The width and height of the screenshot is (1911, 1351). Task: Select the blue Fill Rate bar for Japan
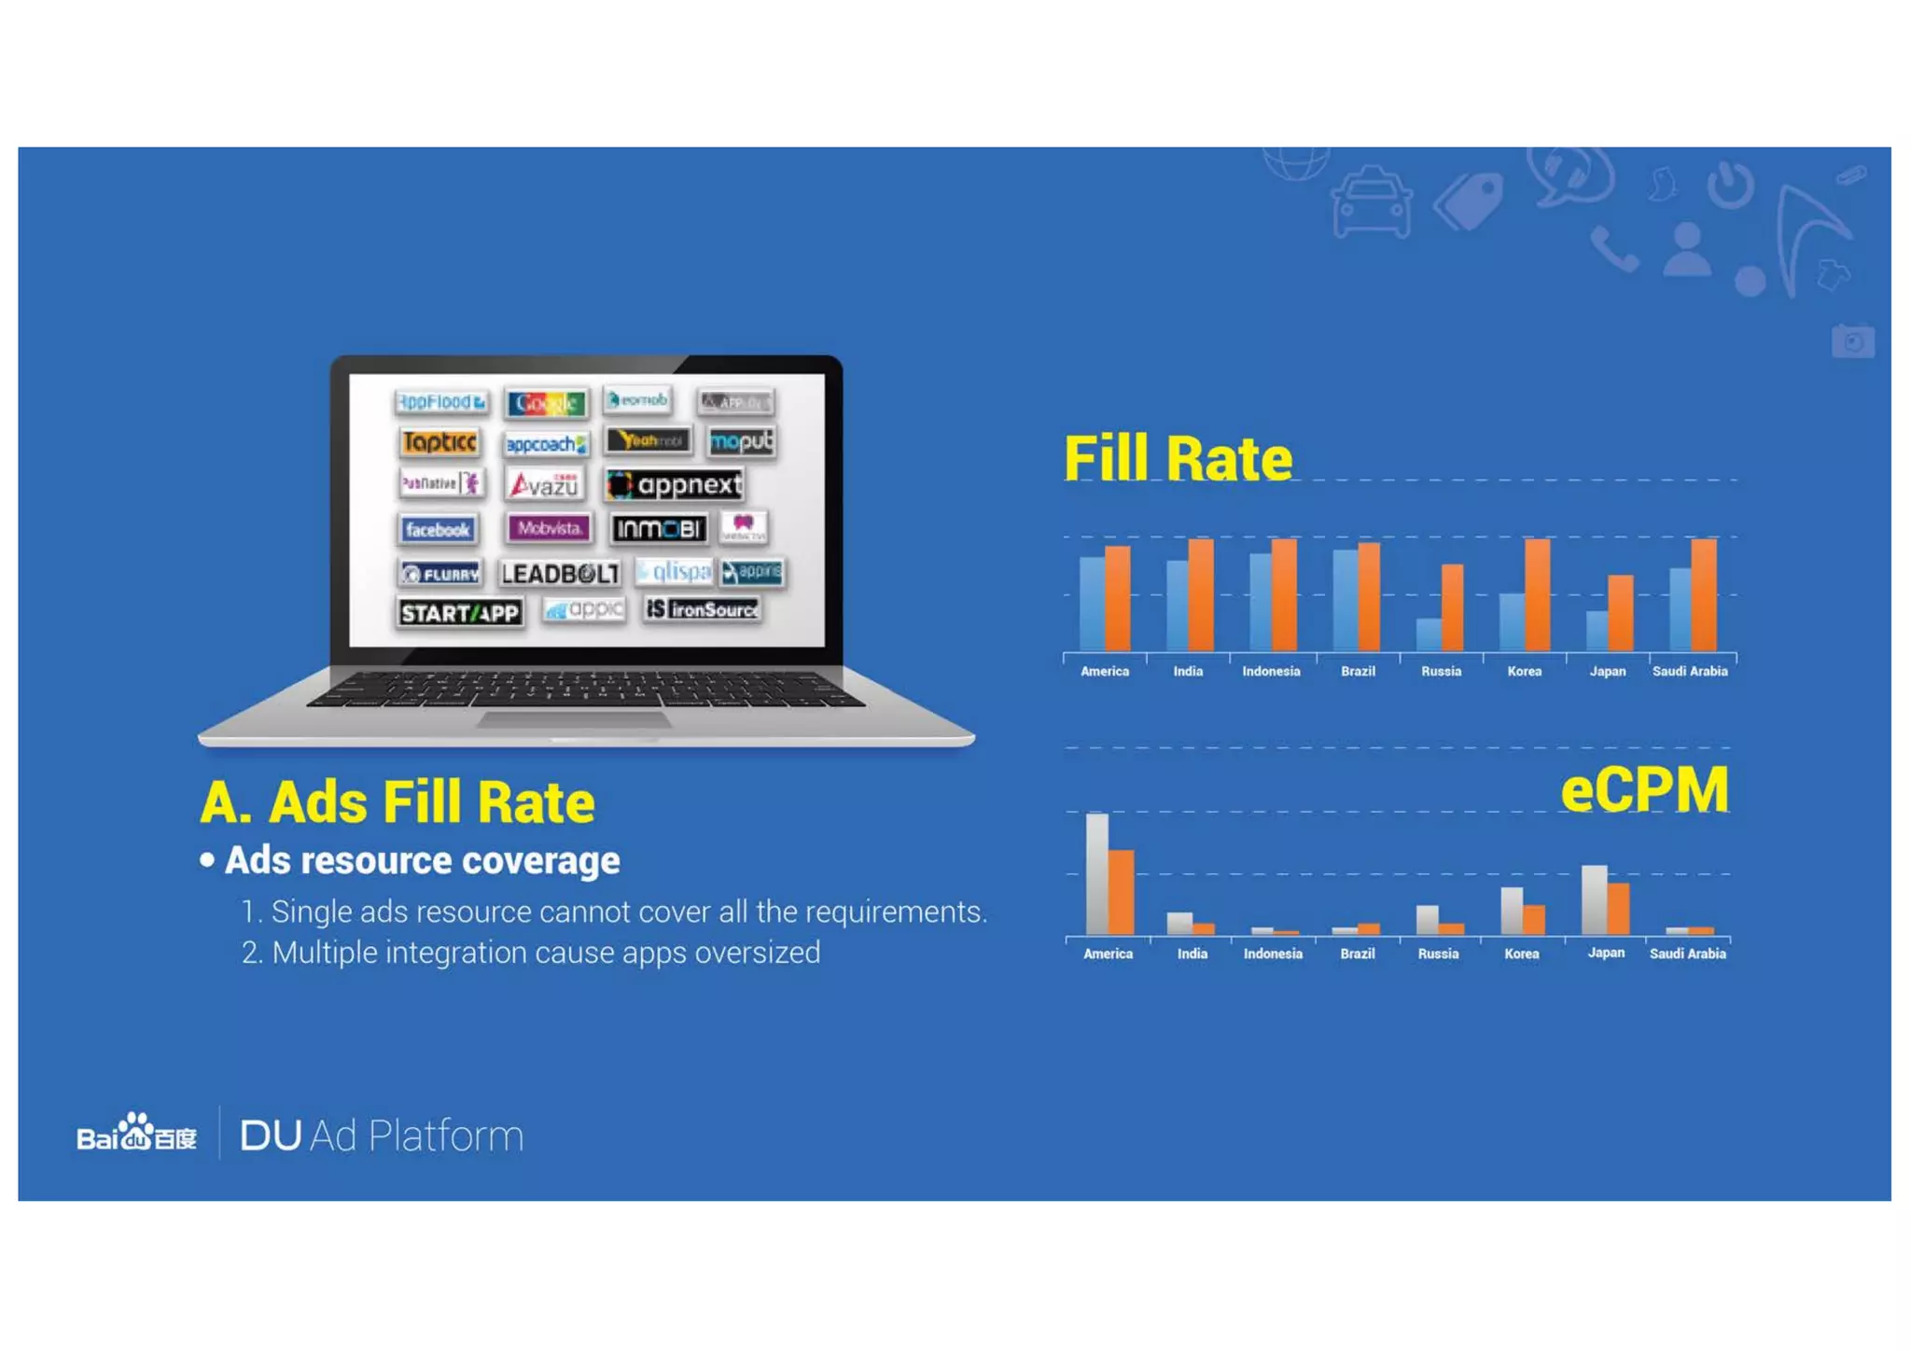pyautogui.click(x=1597, y=631)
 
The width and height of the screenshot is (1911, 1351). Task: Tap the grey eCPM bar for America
pyautogui.click(x=1097, y=873)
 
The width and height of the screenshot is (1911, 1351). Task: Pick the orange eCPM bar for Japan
pyautogui.click(x=1618, y=908)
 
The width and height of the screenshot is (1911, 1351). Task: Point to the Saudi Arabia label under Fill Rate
pyautogui.click(x=1689, y=671)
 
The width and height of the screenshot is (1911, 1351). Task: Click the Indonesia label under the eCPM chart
pyautogui.click(x=1272, y=954)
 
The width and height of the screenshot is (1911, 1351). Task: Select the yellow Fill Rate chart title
pyautogui.click(x=1178, y=459)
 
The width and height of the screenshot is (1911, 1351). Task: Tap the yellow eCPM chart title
pyautogui.click(x=1643, y=790)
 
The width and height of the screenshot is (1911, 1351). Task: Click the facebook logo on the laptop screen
pyautogui.click(x=438, y=530)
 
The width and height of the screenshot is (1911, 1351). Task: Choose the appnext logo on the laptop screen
pyautogui.click(x=675, y=484)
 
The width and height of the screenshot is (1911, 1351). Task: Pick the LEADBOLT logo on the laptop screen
pyautogui.click(x=559, y=573)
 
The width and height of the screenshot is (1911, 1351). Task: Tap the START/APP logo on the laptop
pyautogui.click(x=459, y=613)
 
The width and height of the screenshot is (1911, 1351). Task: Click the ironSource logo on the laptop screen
pyautogui.click(x=703, y=609)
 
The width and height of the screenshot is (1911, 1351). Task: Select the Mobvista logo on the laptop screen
pyautogui.click(x=549, y=528)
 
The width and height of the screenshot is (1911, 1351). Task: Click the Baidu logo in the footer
pyautogui.click(x=136, y=1134)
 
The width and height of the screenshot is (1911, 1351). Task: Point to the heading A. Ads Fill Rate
pyautogui.click(x=398, y=802)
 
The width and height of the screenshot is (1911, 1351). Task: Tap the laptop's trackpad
pyautogui.click(x=574, y=719)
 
